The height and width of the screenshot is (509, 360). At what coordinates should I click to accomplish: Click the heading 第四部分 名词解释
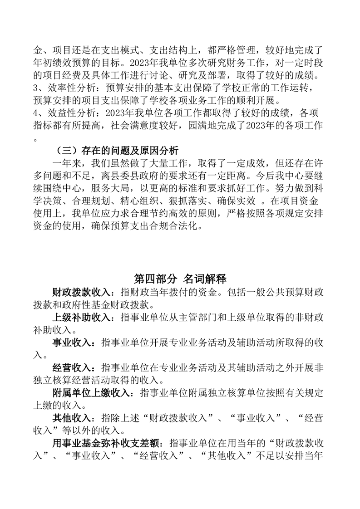[x=180, y=278]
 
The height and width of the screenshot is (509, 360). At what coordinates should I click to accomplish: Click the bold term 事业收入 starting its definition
[x=71, y=343]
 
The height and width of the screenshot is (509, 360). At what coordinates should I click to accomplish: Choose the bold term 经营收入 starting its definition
[x=71, y=367]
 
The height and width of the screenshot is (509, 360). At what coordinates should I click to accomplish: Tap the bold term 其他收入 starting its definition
[x=71, y=418]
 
